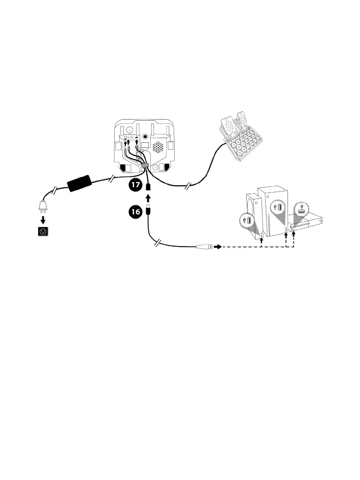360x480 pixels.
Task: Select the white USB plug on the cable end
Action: click(x=204, y=247)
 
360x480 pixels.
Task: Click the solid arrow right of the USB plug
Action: click(x=217, y=247)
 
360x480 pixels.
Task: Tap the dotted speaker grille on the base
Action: click(x=158, y=147)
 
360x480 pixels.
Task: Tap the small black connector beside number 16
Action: click(x=149, y=210)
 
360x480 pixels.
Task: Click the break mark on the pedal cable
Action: click(x=190, y=185)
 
